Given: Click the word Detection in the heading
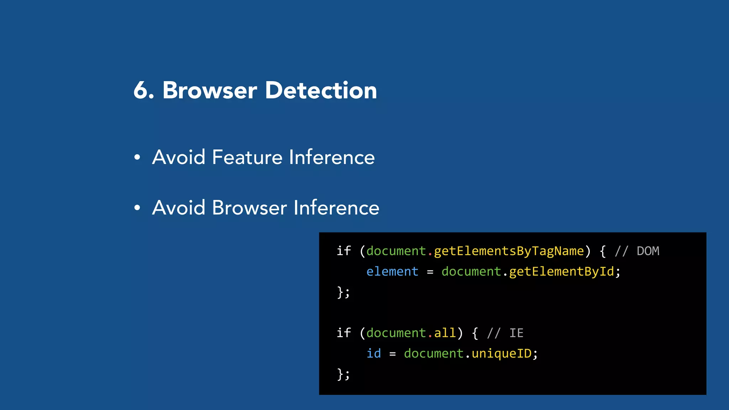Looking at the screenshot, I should pyautogui.click(x=321, y=90).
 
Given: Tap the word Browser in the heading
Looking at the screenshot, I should pyautogui.click(x=210, y=90).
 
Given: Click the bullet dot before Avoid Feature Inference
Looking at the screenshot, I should pyautogui.click(x=137, y=157).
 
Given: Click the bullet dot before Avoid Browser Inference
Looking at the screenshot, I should pyautogui.click(x=137, y=207).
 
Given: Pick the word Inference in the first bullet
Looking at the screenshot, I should pyautogui.click(x=332, y=157).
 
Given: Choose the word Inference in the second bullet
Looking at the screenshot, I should pyautogui.click(x=336, y=208).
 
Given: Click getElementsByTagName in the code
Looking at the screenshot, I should pyautogui.click(x=509, y=251).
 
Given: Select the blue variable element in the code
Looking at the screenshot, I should pyautogui.click(x=392, y=272).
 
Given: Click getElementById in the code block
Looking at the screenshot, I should pyautogui.click(x=561, y=272).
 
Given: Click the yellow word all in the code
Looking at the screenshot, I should pyautogui.click(x=445, y=333).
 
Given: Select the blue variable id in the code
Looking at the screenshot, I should pyautogui.click(x=374, y=353).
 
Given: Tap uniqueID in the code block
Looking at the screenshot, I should pyautogui.click(x=501, y=353).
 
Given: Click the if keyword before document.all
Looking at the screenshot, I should pyautogui.click(x=344, y=333).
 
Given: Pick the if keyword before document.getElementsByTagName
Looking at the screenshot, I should pyautogui.click(x=344, y=251).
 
